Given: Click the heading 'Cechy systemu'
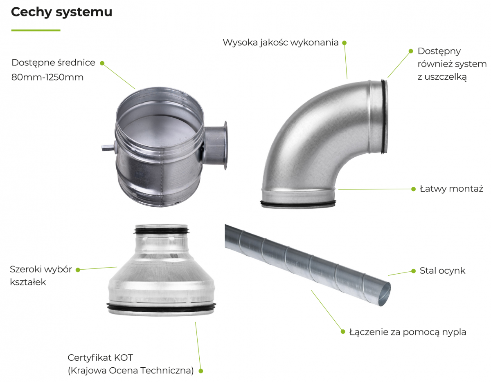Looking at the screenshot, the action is [x=61, y=12].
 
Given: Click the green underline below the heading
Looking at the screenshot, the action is [x=36, y=30].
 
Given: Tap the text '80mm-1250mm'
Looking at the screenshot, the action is [x=47, y=77].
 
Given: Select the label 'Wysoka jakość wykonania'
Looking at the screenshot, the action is [x=281, y=42].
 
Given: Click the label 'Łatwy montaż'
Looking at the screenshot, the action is [x=451, y=189].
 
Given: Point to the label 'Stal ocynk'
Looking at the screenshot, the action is [x=442, y=271].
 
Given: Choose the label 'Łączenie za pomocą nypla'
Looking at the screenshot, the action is [x=408, y=332].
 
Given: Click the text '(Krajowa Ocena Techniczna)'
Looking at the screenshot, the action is [x=131, y=371].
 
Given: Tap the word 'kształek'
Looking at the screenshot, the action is [x=28, y=282].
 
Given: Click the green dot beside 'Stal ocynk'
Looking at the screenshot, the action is [x=414, y=271].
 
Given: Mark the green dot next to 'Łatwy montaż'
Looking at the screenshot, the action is [x=414, y=189].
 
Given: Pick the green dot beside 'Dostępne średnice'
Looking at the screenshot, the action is [x=102, y=63].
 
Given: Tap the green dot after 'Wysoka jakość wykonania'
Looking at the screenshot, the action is [x=345, y=42].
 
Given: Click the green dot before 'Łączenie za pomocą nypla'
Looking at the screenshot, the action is [x=343, y=331].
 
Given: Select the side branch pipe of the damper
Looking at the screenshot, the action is [x=215, y=145].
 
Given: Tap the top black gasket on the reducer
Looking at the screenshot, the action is [x=162, y=230].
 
